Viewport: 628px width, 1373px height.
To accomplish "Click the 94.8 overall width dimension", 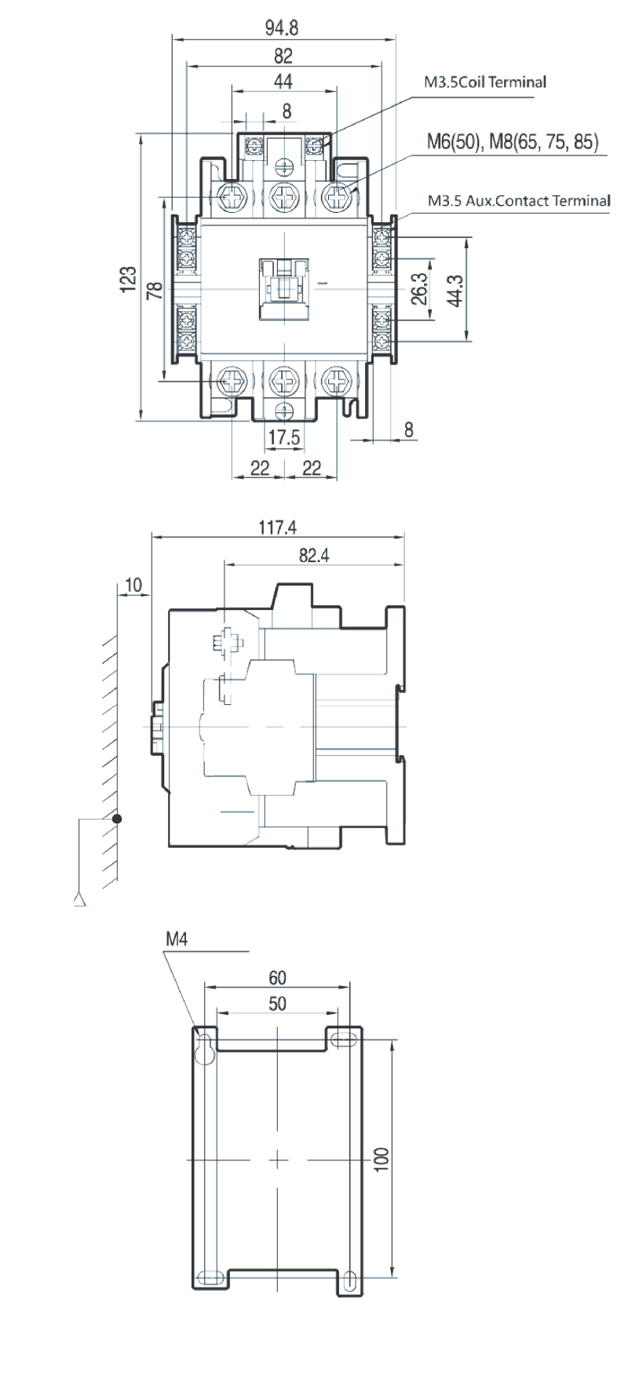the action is coord(282,28).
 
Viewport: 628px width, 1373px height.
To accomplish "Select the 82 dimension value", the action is coord(283,56).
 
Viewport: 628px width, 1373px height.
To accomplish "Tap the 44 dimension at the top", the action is coord(283,82).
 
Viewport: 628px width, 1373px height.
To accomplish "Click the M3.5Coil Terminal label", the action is coord(485,82).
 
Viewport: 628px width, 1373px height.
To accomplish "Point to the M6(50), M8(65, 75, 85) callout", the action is coord(513,141).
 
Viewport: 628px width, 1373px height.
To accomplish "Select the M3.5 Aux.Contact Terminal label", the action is coord(519,200).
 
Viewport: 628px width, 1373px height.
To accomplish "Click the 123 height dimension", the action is coord(130,279).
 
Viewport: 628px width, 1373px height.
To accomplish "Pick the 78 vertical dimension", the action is coord(155,290).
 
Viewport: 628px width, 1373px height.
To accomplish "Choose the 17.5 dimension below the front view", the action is coord(284,436).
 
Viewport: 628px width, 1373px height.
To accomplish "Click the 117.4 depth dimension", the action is coord(278,528).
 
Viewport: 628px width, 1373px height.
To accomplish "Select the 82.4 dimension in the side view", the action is coord(313,555).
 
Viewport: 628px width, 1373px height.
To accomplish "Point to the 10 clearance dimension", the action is coord(133,584).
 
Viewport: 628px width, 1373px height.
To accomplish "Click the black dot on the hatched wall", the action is coord(117,819).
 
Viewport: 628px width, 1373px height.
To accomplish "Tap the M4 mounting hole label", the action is coord(177,938).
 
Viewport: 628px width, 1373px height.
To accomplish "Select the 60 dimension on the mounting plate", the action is coord(278,977).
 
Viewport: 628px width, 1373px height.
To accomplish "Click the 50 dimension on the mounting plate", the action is coord(277,1004).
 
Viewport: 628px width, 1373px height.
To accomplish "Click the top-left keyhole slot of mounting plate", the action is coord(206,1050).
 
